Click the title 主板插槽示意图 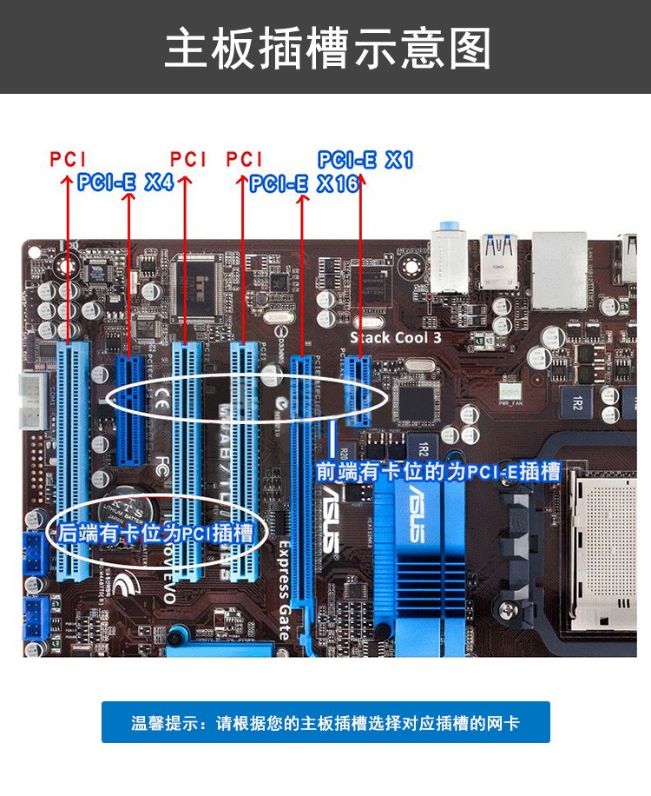325,48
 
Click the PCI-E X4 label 125,182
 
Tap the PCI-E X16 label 304,183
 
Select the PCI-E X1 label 365,160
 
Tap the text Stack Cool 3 396,338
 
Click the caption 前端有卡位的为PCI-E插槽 438,472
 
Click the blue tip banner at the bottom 325,722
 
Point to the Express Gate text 284,591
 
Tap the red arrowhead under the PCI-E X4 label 128,200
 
